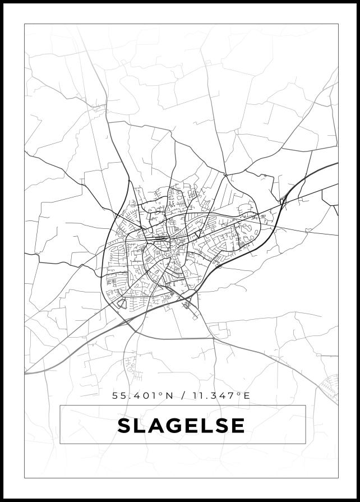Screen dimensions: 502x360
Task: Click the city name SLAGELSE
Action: coord(181,425)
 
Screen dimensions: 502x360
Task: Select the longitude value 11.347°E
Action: coord(220,395)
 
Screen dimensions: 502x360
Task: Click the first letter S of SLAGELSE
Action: coord(124,425)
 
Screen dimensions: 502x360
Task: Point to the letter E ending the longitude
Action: coord(247,395)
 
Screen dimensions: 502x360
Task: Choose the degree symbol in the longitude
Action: coord(239,394)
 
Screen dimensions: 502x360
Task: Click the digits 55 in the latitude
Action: coord(119,395)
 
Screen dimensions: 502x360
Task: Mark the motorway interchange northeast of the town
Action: coord(284,199)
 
